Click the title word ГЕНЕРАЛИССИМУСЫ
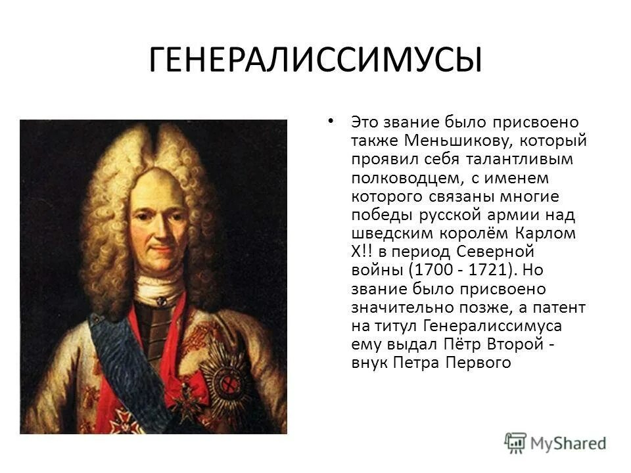(x=315, y=60)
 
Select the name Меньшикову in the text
(x=448, y=141)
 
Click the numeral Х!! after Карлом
(x=363, y=252)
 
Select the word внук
(x=369, y=363)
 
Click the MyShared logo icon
(x=515, y=441)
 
